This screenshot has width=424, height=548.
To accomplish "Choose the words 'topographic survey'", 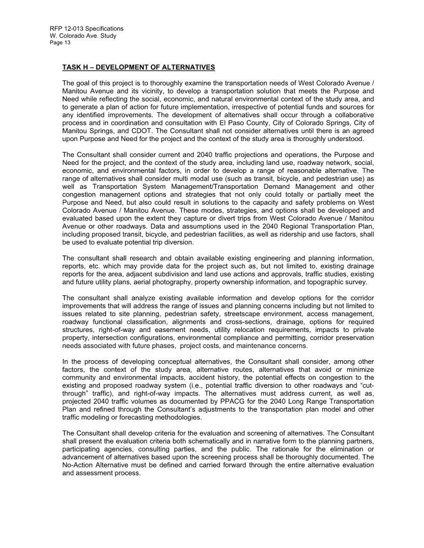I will [338, 283].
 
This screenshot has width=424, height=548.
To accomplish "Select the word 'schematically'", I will [186, 442].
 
